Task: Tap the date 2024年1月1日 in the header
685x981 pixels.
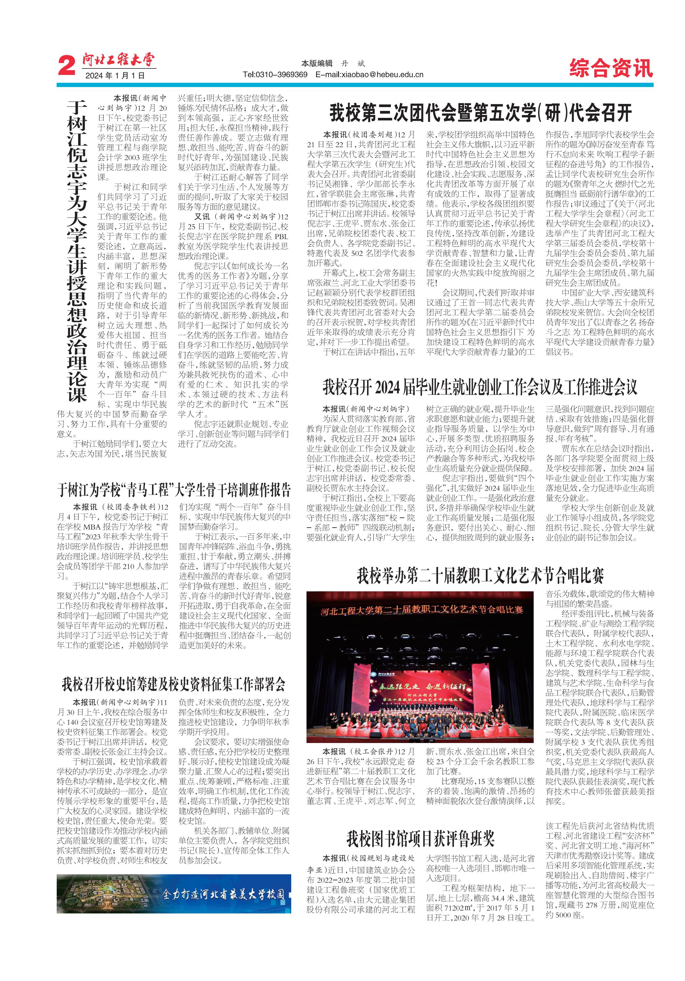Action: click(115, 76)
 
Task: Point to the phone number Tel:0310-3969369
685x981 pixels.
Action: click(275, 74)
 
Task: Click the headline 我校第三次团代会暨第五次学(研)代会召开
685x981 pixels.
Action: click(480, 113)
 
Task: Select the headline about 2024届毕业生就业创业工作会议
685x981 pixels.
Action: click(479, 387)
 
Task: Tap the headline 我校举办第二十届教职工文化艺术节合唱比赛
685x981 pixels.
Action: click(480, 575)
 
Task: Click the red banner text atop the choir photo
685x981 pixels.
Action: click(421, 609)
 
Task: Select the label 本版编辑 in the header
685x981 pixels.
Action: click(317, 63)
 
